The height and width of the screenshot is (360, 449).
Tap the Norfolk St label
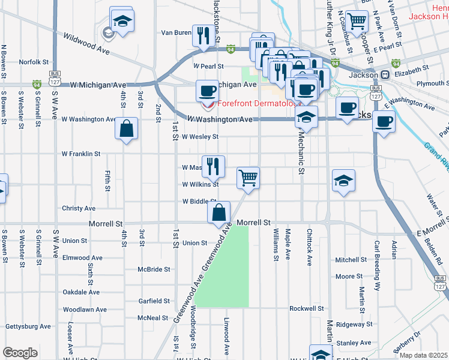[33, 62]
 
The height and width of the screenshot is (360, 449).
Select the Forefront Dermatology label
[259, 103]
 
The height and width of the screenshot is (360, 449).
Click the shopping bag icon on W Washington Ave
[127, 128]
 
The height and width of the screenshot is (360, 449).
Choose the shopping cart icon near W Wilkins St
[248, 178]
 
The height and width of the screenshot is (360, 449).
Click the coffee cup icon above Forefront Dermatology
[208, 91]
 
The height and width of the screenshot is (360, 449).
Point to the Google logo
[20, 353]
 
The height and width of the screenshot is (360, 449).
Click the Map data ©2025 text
[423, 355]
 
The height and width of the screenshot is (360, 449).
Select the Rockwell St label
[306, 308]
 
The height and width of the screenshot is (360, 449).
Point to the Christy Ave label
[79, 208]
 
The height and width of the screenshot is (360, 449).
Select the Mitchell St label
[351, 260]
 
